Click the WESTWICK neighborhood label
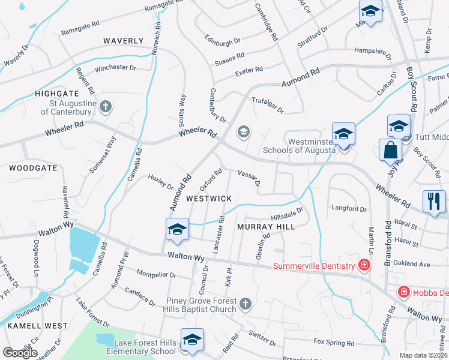pyautogui.click(x=208, y=197)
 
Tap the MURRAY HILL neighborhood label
pyautogui.click(x=266, y=227)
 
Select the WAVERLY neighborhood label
pyautogui.click(x=123, y=41)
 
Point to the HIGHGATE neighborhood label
pyautogui.click(x=57, y=94)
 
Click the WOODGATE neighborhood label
pyautogui.click(x=33, y=168)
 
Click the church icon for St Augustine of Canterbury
pyautogui.click(x=105, y=107)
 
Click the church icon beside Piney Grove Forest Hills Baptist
pyautogui.click(x=245, y=305)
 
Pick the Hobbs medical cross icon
pyautogui.click(x=405, y=292)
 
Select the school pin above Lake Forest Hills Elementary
pyautogui.click(x=192, y=339)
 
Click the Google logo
pyautogui.click(x=20, y=352)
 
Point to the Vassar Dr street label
pyautogui.click(x=249, y=178)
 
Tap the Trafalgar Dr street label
pyautogui.click(x=267, y=105)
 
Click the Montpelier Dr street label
pyautogui.click(x=157, y=275)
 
